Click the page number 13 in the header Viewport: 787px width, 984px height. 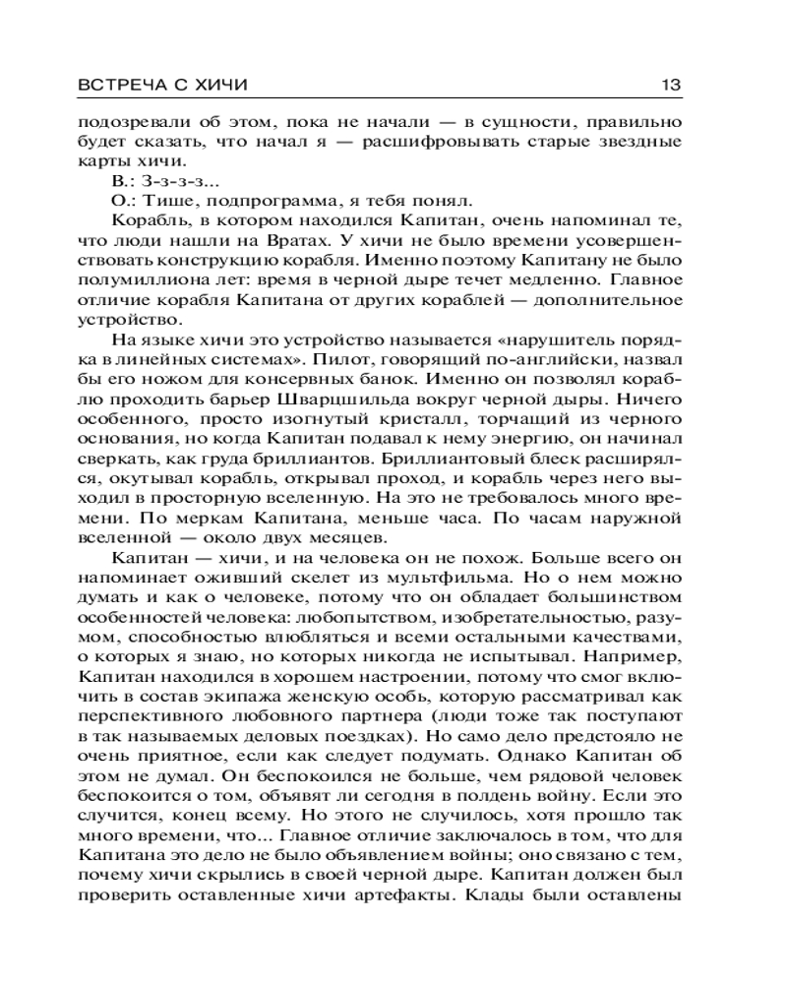(669, 86)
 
